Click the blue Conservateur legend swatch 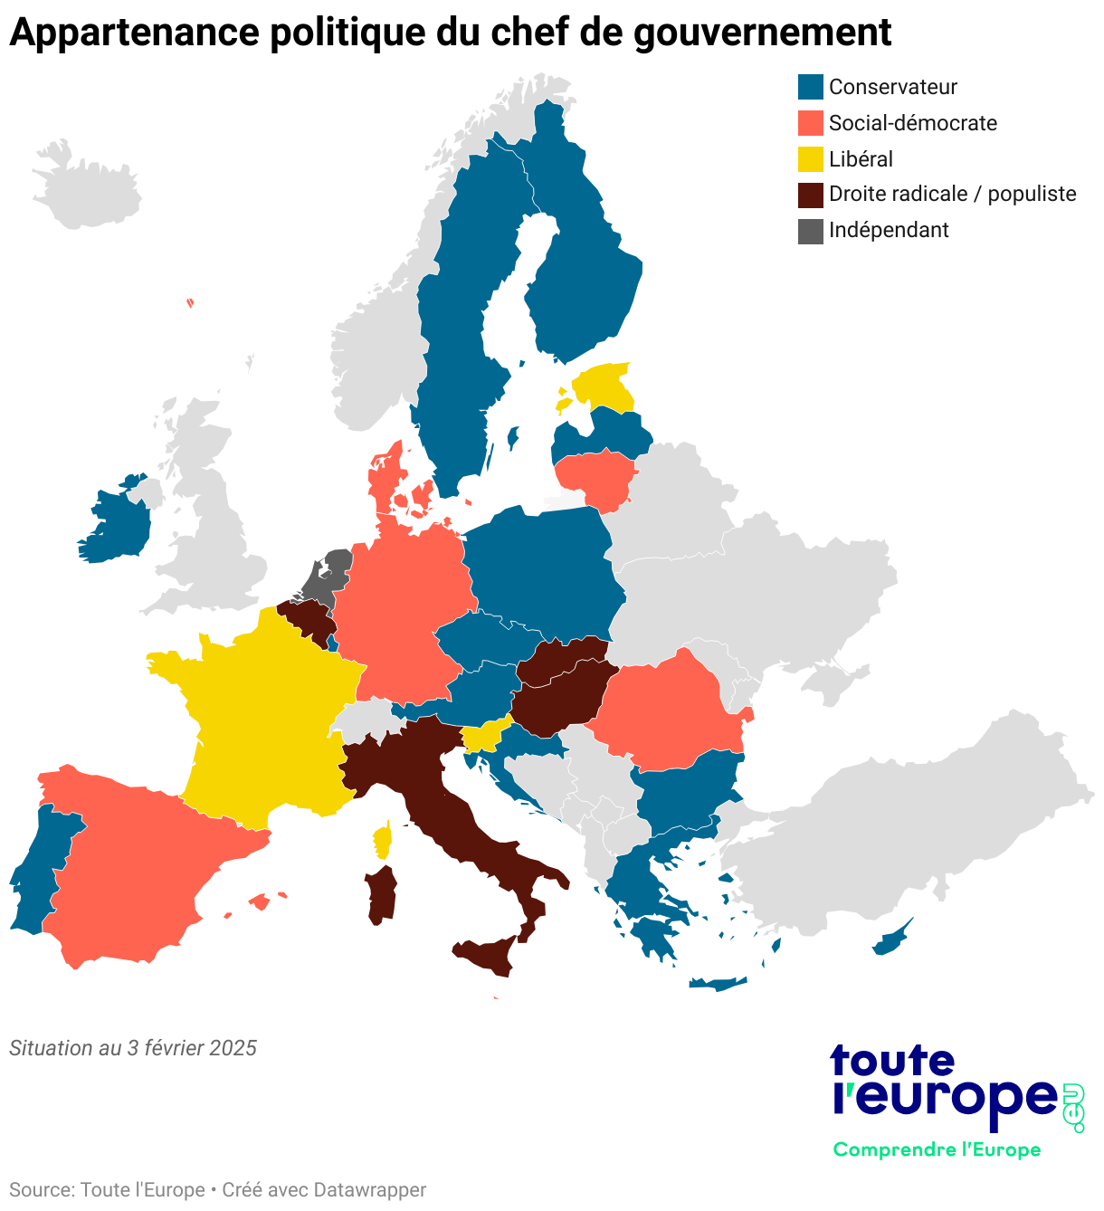(810, 87)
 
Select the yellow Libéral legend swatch (810, 159)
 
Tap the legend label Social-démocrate (912, 123)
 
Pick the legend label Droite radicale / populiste (952, 194)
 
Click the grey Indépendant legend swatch (810, 231)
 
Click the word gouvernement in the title (762, 33)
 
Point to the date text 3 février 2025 (192, 1048)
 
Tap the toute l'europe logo (946, 1086)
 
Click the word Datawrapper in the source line (369, 1189)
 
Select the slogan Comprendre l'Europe (937, 1149)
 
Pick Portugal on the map (41, 869)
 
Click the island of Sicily (489, 954)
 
